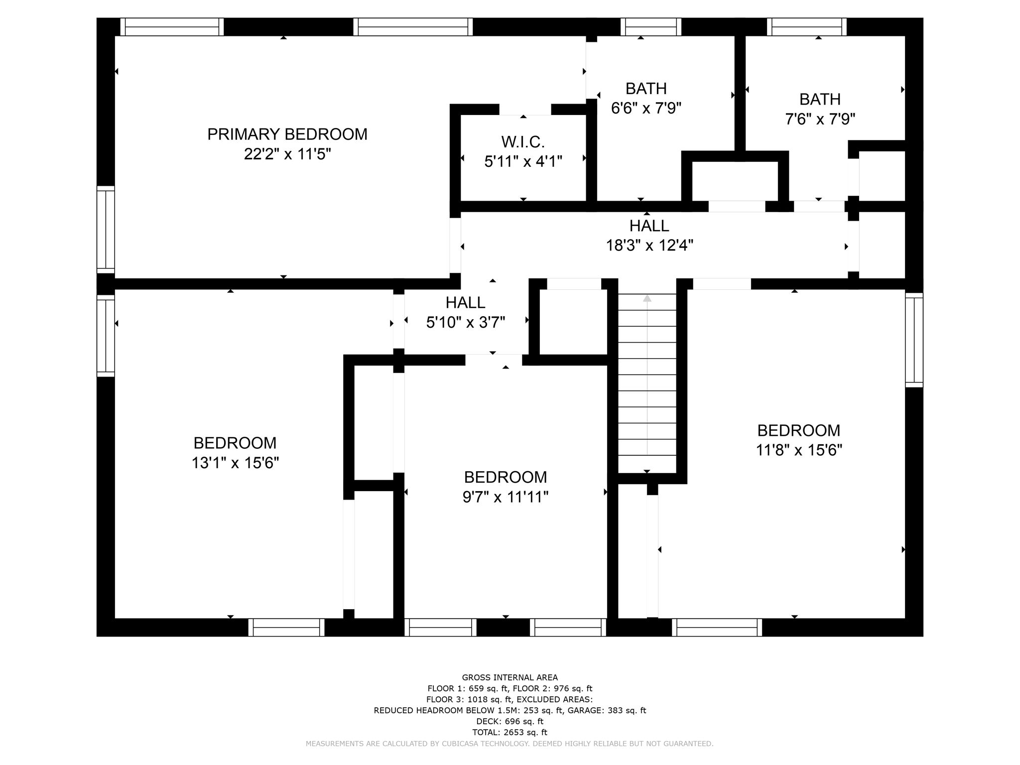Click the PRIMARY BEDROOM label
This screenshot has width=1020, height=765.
(x=287, y=134)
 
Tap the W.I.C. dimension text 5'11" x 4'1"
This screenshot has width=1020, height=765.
(x=523, y=161)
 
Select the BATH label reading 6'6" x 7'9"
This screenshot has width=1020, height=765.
(x=646, y=89)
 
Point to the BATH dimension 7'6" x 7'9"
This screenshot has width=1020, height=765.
(x=820, y=119)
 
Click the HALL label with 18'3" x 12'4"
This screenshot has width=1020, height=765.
(x=649, y=226)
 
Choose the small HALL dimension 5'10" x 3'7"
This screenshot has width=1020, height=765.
(x=465, y=323)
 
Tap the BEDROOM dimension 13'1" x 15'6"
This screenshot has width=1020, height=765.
(x=235, y=463)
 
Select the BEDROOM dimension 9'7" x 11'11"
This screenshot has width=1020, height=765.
(x=505, y=497)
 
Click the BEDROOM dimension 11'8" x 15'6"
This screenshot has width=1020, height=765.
(x=798, y=450)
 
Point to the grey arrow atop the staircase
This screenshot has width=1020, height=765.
(x=647, y=299)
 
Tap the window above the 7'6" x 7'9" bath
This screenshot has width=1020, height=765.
(x=806, y=27)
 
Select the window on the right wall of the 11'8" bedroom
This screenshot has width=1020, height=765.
(x=914, y=340)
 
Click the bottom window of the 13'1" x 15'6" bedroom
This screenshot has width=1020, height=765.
(x=286, y=627)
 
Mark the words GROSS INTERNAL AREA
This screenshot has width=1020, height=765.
(x=510, y=677)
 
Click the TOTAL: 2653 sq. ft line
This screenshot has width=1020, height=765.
(x=510, y=732)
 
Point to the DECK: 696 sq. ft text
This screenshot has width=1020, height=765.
(x=510, y=721)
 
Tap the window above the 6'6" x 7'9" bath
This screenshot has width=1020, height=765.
(x=653, y=27)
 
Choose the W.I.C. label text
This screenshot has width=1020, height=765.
(x=523, y=142)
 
